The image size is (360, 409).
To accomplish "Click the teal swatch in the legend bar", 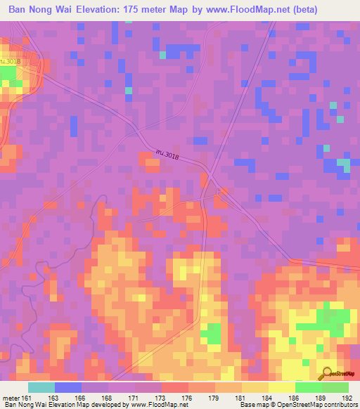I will (41, 387).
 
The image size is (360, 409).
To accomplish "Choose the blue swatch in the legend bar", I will (68, 387).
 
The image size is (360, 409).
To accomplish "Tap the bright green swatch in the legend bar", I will (308, 387).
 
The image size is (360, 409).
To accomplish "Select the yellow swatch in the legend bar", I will (281, 387).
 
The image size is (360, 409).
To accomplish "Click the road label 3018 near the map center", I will (174, 156).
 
